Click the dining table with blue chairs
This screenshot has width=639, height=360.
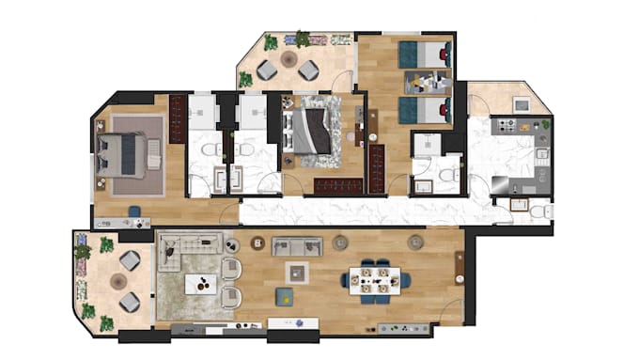coord(381,279)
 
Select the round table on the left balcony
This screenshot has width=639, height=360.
coord(118,280)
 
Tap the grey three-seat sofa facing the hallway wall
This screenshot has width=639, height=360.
coord(297,246)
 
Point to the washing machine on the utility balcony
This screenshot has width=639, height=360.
coord(518,102)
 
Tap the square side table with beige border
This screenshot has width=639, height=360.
coord(299,274)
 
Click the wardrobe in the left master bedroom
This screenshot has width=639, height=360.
coord(177,118)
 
